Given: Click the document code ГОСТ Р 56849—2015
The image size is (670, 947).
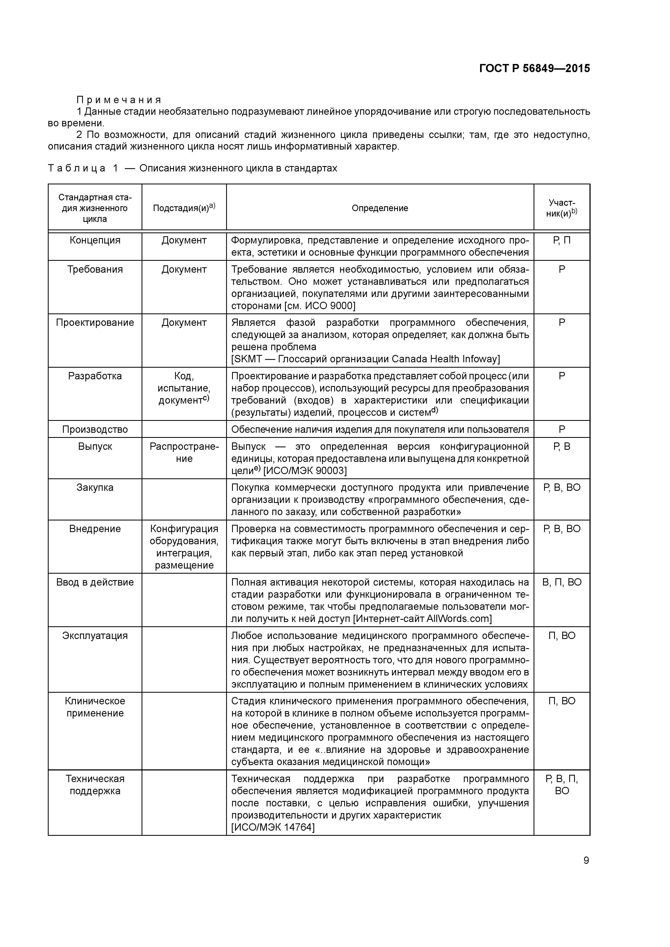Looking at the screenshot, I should tap(535, 69).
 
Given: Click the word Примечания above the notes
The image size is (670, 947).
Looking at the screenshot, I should tap(119, 100).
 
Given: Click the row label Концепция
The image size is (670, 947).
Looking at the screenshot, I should tap(95, 241).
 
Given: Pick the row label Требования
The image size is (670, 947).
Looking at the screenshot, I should tap(95, 269).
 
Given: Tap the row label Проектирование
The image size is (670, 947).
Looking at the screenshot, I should tap(95, 323).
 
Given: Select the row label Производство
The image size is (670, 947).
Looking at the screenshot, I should tap(95, 429).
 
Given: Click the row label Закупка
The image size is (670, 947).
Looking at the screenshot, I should tap(95, 488).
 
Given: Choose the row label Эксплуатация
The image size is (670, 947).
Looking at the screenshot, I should tap(95, 635).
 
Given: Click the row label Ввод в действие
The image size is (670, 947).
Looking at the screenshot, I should tap(95, 582).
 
